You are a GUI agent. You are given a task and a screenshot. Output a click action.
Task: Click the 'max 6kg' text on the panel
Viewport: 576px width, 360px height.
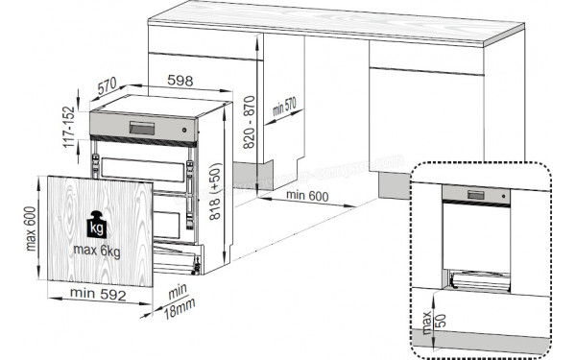coord(96,251)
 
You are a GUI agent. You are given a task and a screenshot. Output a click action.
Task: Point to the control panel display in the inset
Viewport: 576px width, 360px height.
coord(476,195)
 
